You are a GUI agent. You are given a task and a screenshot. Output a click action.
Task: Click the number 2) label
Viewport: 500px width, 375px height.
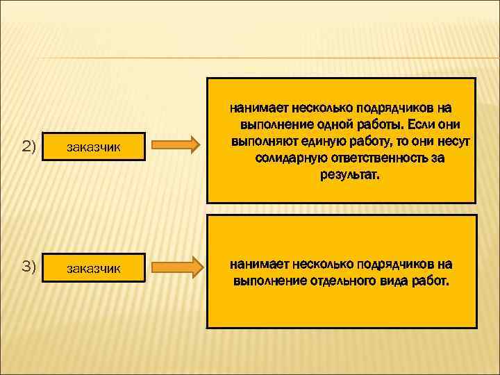click(x=28, y=146)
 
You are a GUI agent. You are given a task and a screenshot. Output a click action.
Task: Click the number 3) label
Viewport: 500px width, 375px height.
click(x=28, y=267)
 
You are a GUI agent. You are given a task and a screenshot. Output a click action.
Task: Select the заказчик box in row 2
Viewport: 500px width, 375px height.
click(x=94, y=147)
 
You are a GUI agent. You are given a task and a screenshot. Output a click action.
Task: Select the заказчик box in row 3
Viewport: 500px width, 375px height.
click(x=94, y=268)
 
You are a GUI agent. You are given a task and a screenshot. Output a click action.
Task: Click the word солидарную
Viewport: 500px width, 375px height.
click(x=285, y=158)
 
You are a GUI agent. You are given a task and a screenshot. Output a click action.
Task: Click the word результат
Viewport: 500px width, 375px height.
click(x=350, y=175)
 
